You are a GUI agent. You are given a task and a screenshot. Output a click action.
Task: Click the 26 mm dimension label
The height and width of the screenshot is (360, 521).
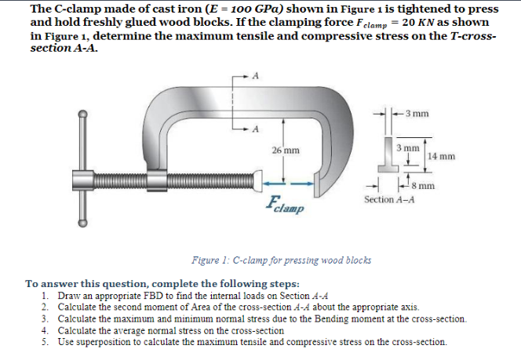(284, 150)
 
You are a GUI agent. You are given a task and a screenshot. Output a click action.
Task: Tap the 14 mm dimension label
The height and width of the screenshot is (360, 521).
(442, 156)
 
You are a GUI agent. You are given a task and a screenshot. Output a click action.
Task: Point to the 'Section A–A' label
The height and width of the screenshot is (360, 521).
(389, 200)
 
